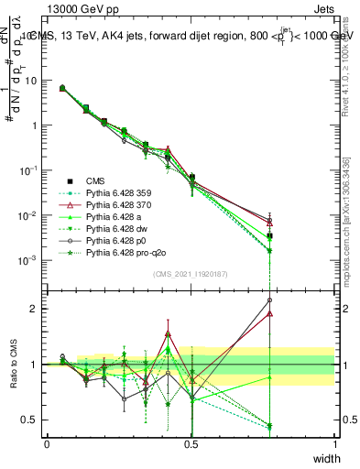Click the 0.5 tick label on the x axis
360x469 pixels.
(x=191, y=444)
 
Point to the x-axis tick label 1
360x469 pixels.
(x=334, y=444)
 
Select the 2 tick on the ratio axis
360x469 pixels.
(x=37, y=309)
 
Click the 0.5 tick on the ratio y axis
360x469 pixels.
(x=32, y=420)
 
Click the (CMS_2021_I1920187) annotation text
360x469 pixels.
(x=191, y=274)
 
